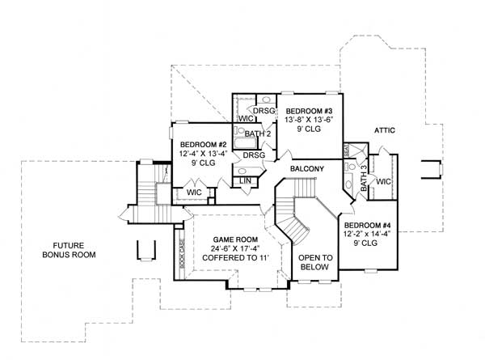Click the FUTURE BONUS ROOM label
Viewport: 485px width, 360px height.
[x=69, y=249]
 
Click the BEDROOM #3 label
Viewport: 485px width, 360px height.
[x=307, y=109]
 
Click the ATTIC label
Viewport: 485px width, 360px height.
[x=384, y=129]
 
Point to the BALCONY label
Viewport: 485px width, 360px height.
[x=307, y=168]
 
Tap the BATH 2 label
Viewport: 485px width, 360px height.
[x=256, y=133]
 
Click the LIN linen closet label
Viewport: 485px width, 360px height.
[x=245, y=180]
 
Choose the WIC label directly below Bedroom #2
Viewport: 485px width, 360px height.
[x=194, y=193]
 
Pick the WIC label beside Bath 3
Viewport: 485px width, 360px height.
[x=382, y=182]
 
